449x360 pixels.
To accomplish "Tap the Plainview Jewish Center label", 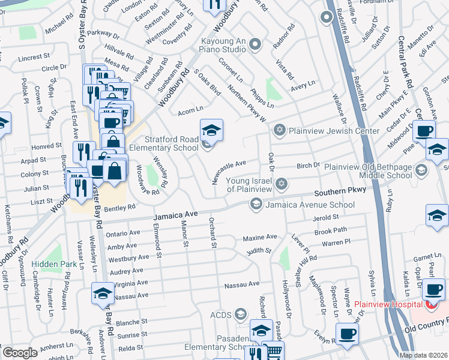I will coord(334,131).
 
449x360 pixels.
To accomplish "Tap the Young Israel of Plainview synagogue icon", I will coord(280,183).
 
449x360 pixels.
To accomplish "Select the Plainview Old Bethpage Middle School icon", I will coord(422,170).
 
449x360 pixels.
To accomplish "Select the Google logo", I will coord(20,352).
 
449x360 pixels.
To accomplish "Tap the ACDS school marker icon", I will coord(241,314).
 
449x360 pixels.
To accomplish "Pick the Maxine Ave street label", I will coord(259,238).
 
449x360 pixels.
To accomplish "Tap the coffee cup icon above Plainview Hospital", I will coord(433,289).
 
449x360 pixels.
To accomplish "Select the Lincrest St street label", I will coord(34,57).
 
